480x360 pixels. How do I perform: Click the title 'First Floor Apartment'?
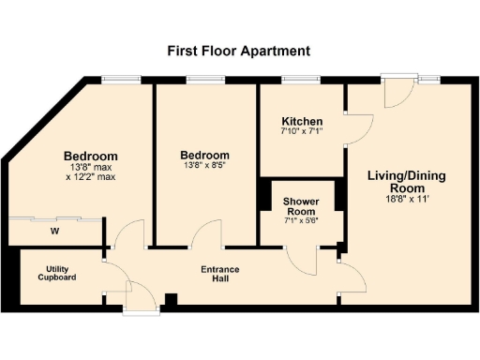point(238,51)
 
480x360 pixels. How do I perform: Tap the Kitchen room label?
point(303,122)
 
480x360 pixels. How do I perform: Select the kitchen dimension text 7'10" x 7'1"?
point(303,132)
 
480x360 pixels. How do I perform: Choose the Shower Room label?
point(302,207)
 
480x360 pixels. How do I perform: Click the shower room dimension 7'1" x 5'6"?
point(302,221)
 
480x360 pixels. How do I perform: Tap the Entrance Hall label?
point(220,274)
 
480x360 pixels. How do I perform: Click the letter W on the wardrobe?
point(55,231)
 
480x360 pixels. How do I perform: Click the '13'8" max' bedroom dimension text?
point(90,167)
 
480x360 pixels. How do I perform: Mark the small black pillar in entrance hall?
point(171,300)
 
